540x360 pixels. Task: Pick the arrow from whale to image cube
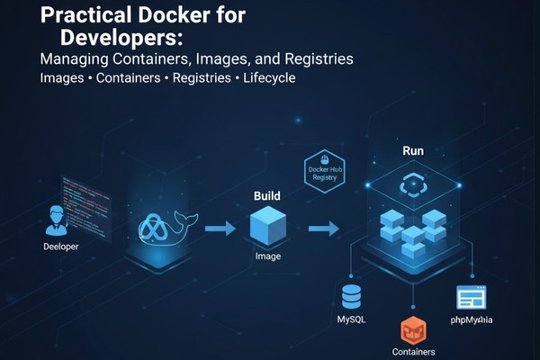click(220, 230)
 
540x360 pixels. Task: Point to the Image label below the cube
click(269, 256)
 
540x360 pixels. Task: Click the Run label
click(413, 151)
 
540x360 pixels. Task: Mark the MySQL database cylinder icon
click(350, 295)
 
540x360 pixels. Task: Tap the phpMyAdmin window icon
click(471, 297)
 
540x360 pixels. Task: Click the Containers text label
click(413, 352)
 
